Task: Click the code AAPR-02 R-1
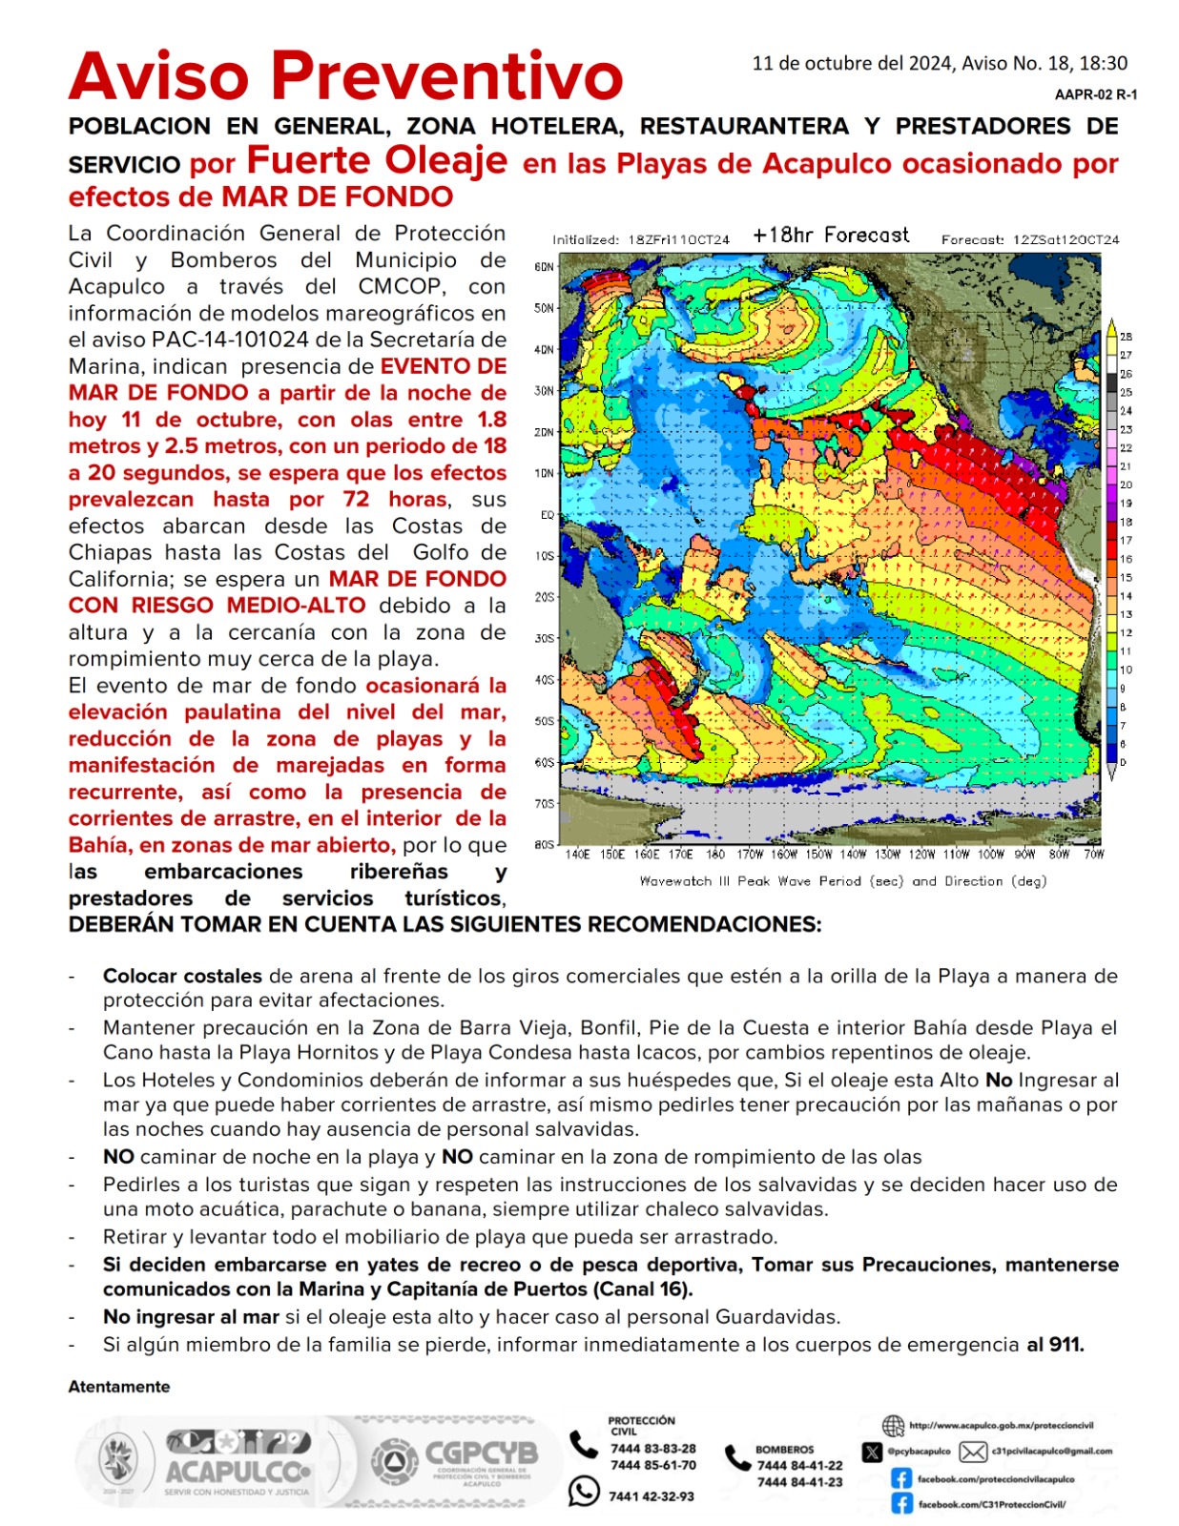[x=1095, y=94]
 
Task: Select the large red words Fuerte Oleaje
[x=377, y=160]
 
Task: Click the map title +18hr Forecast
[x=830, y=236]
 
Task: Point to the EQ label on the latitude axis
[x=547, y=515]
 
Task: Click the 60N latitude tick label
[x=544, y=267]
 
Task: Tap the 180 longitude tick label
[x=715, y=855]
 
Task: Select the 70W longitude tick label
[x=1093, y=855]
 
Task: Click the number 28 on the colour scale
[x=1126, y=337]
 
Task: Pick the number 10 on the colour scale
[x=1126, y=670]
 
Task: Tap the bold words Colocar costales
[x=182, y=976]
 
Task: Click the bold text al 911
[x=1055, y=1345]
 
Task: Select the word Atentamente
[x=119, y=1387]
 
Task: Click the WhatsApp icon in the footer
[x=584, y=1491]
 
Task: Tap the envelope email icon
[x=973, y=1452]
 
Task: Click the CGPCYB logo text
[x=481, y=1454]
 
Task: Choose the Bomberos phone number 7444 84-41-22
[x=799, y=1466]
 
